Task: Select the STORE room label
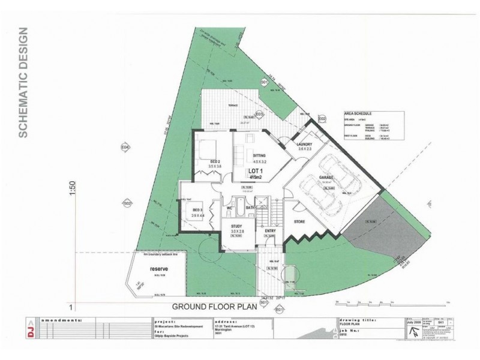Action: [299, 222]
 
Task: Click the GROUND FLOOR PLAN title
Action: [214, 307]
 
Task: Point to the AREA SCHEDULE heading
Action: [358, 112]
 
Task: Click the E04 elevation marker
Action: [125, 146]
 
